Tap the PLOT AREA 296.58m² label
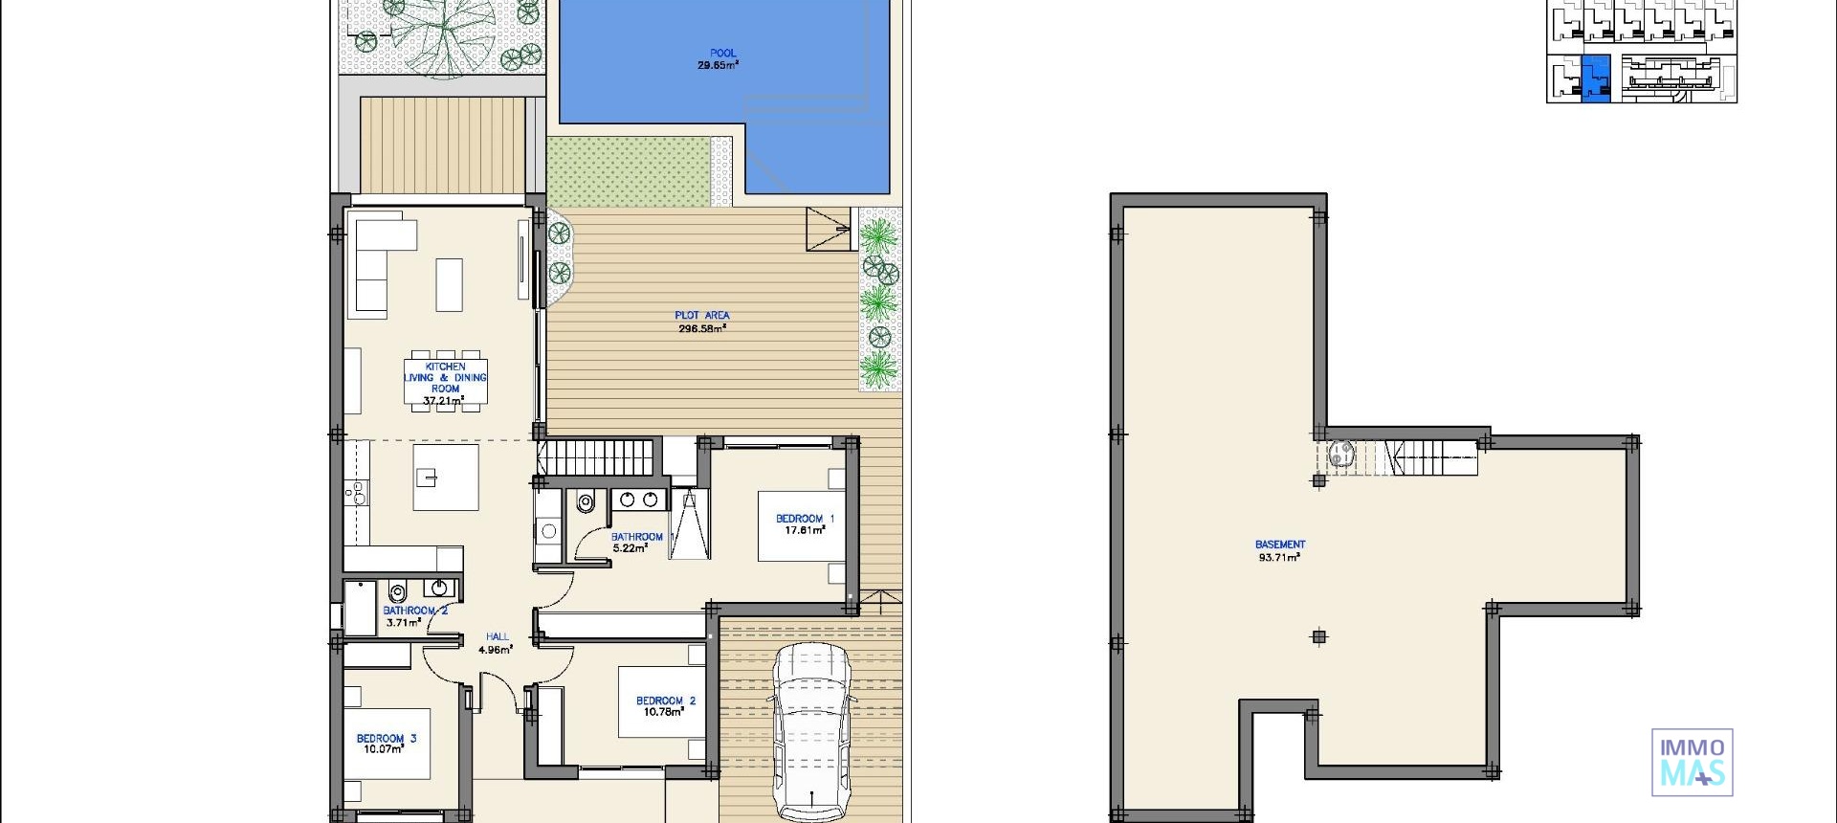pyautogui.click(x=702, y=322)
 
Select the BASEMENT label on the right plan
pyautogui.click(x=1279, y=550)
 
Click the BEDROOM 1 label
pyautogui.click(x=804, y=523)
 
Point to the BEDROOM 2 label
pyautogui.click(x=666, y=706)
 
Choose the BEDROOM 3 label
pyautogui.click(x=386, y=744)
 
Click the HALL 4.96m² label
pyautogui.click(x=496, y=643)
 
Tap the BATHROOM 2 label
pyautogui.click(x=413, y=616)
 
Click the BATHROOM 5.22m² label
pyautogui.click(x=635, y=543)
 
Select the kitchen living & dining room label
pyautogui.click(x=445, y=383)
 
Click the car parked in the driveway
pyautogui.click(x=811, y=732)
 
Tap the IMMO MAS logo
pyautogui.click(x=1692, y=763)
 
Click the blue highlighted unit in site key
pyautogui.click(x=1595, y=78)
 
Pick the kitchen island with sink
pyautogui.click(x=446, y=477)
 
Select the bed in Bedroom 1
pyautogui.click(x=800, y=525)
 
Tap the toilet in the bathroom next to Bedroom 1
pyautogui.click(x=586, y=501)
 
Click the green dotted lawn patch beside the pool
pyautogui.click(x=629, y=171)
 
